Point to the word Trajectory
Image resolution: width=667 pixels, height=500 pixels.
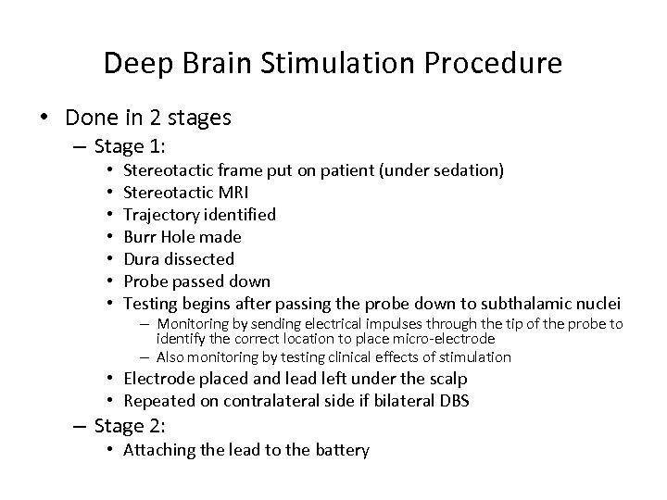(159, 214)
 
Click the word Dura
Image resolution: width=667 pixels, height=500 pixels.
(141, 258)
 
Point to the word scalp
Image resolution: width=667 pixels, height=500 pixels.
(445, 378)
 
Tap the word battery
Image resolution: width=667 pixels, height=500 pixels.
(343, 451)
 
